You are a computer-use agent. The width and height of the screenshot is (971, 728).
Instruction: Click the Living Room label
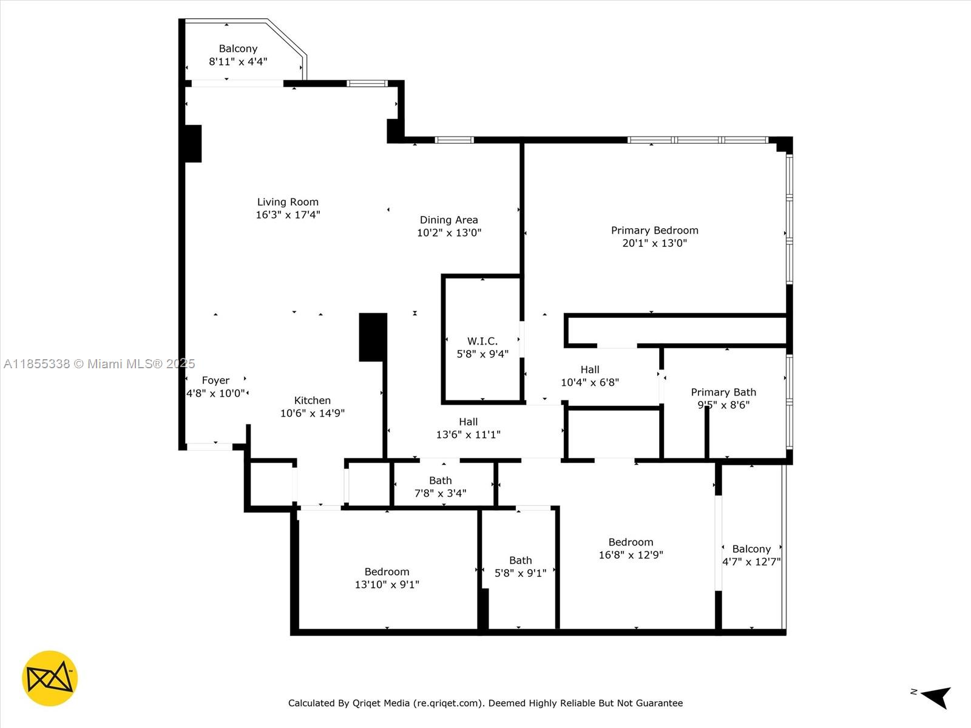(288, 202)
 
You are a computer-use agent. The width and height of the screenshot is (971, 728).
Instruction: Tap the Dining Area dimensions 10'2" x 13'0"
(449, 233)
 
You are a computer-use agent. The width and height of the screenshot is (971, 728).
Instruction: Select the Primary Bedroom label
(654, 231)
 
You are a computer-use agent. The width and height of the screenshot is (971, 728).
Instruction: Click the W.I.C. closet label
(482, 342)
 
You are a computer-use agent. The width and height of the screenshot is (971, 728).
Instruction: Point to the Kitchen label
(312, 400)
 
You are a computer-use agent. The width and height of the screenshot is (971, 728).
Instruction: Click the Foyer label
(215, 380)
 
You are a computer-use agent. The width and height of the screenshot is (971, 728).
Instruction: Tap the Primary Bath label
(723, 393)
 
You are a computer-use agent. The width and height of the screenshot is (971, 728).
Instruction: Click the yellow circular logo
(50, 678)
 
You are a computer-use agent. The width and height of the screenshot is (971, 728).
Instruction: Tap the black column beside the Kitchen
(373, 337)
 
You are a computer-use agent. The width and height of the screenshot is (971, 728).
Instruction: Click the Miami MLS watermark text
(99, 364)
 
